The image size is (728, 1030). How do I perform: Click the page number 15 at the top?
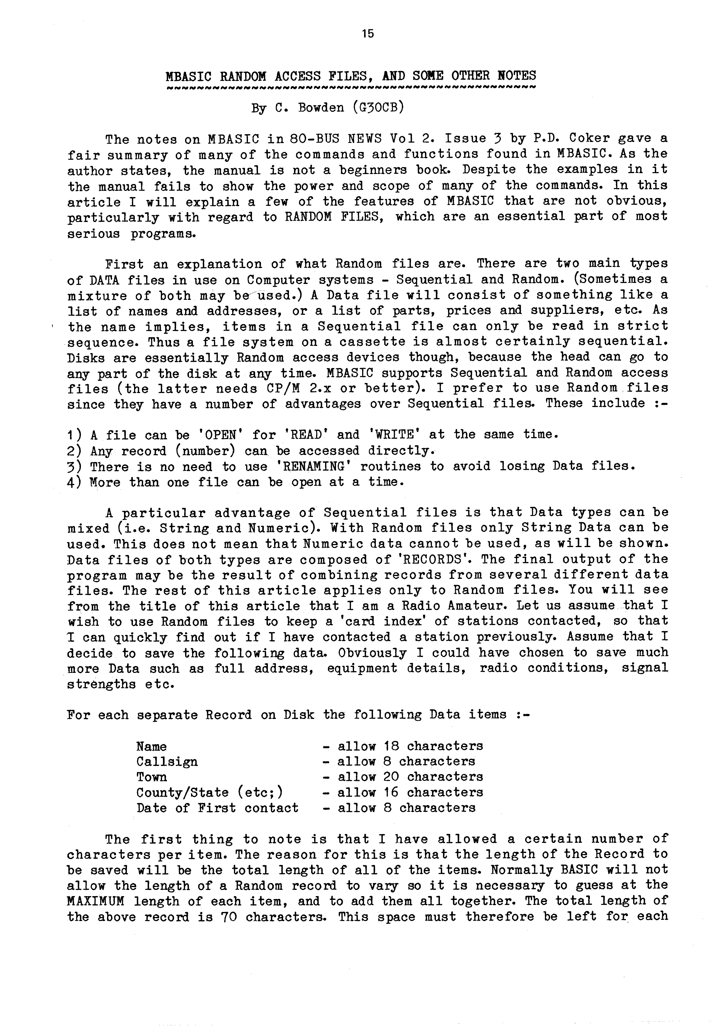[367, 34]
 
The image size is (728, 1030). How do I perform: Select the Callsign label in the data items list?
[167, 762]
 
